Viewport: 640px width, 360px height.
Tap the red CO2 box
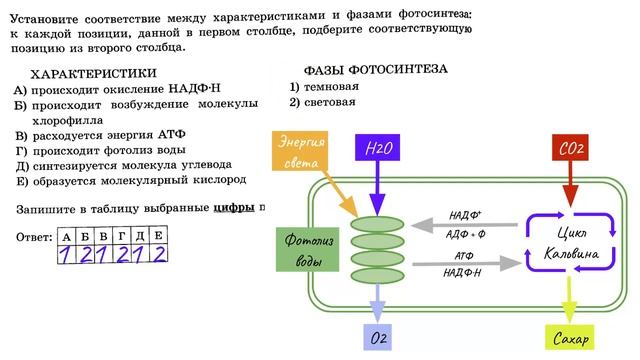click(x=571, y=149)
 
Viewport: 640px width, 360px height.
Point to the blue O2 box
click(x=379, y=339)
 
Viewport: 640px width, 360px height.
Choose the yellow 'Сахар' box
click(x=572, y=339)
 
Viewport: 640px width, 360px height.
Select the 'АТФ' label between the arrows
click(x=464, y=257)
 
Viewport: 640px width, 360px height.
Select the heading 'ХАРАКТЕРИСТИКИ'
click(x=94, y=74)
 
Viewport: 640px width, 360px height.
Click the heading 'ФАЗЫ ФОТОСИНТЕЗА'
click(x=375, y=70)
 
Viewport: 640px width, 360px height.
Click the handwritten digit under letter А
click(x=65, y=255)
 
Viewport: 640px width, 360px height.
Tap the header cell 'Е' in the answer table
click(x=158, y=235)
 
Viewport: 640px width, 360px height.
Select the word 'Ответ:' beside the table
click(x=35, y=237)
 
